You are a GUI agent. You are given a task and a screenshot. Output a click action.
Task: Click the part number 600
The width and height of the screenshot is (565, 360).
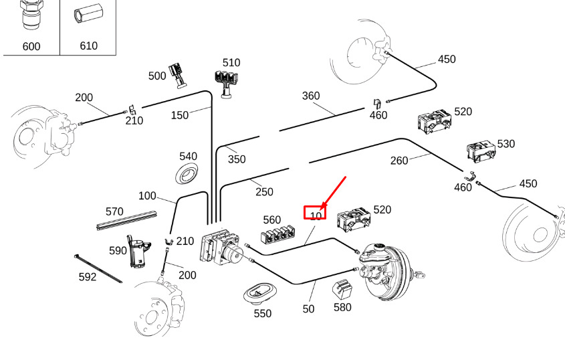31,46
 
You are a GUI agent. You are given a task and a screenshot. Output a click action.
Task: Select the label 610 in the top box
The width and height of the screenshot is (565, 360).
88,46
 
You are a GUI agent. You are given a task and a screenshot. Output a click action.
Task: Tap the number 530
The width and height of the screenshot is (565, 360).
506,143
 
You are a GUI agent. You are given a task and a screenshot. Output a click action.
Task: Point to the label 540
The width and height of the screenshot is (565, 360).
188,156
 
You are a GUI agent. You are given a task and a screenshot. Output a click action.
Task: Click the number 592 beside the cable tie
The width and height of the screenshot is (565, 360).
88,276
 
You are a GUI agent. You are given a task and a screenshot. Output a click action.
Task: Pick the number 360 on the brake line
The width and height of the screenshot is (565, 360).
311,96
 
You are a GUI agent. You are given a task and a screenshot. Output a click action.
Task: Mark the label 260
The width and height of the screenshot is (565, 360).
399,160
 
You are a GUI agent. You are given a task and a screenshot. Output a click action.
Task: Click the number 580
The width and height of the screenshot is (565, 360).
342,308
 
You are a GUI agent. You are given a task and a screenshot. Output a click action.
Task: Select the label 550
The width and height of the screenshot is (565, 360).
263,312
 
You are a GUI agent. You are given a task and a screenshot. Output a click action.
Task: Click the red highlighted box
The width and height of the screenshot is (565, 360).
315,213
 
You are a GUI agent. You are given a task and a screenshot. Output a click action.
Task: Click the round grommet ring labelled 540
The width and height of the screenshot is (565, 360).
187,175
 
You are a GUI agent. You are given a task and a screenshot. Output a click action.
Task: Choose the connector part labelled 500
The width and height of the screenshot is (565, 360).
179,74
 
